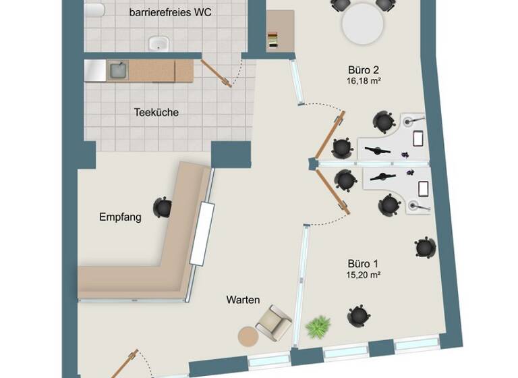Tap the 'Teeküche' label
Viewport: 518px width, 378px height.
[x=156, y=113]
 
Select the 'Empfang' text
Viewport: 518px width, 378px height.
[x=120, y=217]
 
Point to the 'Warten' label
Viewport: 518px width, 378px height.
[x=243, y=300]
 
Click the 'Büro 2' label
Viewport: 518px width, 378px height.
[x=364, y=70]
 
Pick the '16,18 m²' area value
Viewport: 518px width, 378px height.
[x=364, y=81]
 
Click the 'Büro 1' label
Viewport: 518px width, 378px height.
[x=363, y=263]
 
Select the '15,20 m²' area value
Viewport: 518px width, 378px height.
[x=363, y=275]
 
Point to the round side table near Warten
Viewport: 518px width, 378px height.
[x=248, y=335]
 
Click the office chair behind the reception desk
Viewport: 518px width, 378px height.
[x=162, y=207]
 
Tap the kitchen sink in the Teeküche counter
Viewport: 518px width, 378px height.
[x=117, y=70]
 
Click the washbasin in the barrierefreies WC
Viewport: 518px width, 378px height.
[x=159, y=43]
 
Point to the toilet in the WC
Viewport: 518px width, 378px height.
[x=94, y=9]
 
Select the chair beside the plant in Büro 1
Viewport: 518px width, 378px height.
[x=357, y=315]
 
